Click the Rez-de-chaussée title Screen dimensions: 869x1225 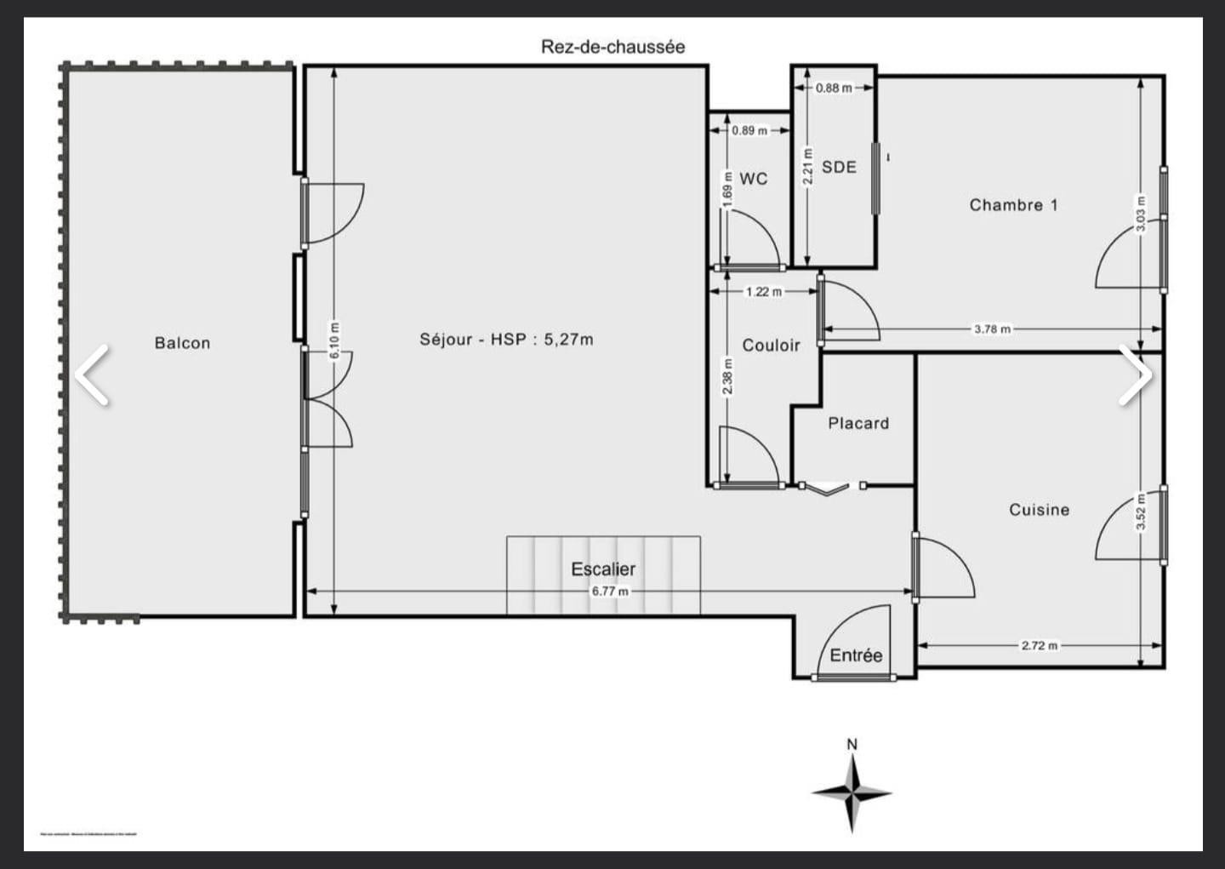[x=612, y=47]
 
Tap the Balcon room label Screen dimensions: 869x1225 [x=182, y=343]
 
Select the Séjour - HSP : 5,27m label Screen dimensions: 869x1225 [x=506, y=340]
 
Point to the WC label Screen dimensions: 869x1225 [x=753, y=179]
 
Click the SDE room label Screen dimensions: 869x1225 [x=839, y=167]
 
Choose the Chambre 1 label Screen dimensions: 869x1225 [x=1013, y=205]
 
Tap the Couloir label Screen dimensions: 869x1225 [x=771, y=346]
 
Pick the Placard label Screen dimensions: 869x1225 [x=858, y=423]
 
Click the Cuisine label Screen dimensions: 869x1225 [x=1039, y=510]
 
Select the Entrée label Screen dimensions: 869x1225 [x=856, y=655]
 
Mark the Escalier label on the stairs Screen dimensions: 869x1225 [x=603, y=569]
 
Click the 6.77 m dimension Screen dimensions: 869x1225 [x=610, y=591]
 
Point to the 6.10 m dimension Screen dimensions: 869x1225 [x=334, y=340]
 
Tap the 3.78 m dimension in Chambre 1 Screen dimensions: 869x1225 [x=992, y=329]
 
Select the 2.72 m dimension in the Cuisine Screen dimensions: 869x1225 [x=1039, y=645]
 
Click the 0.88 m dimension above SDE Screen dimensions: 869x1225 [x=833, y=88]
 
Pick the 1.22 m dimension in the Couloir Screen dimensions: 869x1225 [x=763, y=291]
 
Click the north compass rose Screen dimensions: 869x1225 [x=852, y=792]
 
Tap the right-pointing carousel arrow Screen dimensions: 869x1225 [x=1135, y=374]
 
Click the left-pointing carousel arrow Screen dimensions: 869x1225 [x=92, y=374]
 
